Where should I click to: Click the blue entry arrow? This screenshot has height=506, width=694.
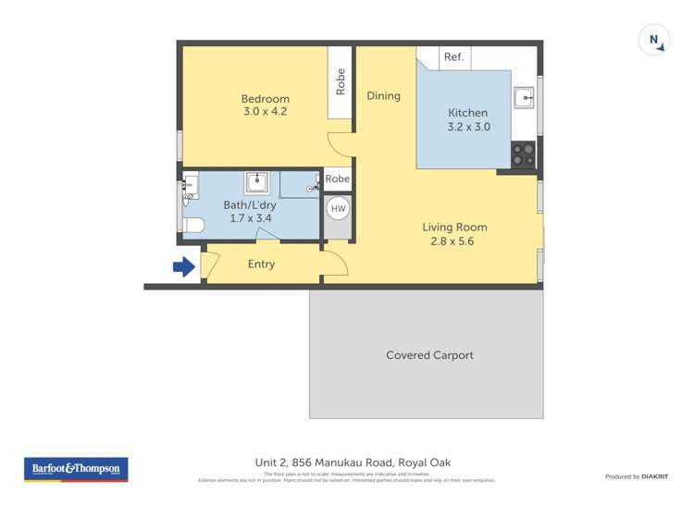pyautogui.click(x=183, y=267)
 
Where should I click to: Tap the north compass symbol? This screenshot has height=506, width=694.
pyautogui.click(x=654, y=41)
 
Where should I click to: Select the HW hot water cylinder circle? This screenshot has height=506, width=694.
pyautogui.click(x=338, y=209)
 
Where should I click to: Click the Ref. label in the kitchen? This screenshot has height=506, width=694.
pyautogui.click(x=453, y=57)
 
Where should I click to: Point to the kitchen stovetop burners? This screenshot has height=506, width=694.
pyautogui.click(x=523, y=154)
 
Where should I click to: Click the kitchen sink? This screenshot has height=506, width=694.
pyautogui.click(x=526, y=96)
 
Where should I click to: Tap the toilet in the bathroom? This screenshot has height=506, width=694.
pyautogui.click(x=192, y=225)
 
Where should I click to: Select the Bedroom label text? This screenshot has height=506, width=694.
pyautogui.click(x=266, y=99)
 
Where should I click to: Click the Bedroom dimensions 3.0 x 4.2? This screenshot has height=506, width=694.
pyautogui.click(x=266, y=112)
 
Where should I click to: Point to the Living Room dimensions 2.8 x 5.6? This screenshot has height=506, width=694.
pyautogui.click(x=454, y=241)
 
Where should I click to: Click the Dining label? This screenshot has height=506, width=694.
pyautogui.click(x=383, y=95)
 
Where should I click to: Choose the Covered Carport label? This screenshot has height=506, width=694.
pyautogui.click(x=429, y=355)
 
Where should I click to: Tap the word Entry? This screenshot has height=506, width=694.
pyautogui.click(x=262, y=265)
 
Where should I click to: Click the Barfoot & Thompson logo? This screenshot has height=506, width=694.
pyautogui.click(x=76, y=469)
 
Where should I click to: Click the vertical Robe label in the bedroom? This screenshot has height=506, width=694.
pyautogui.click(x=341, y=81)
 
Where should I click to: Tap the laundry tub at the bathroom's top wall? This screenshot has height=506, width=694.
pyautogui.click(x=256, y=181)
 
